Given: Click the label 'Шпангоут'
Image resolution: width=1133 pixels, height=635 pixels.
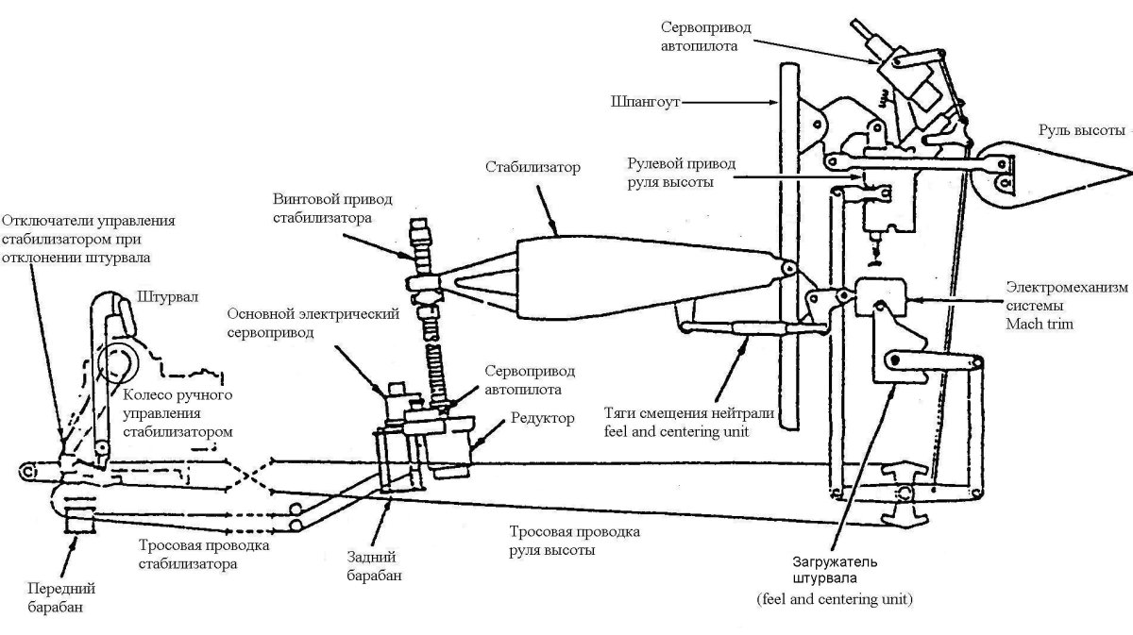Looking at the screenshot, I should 646,101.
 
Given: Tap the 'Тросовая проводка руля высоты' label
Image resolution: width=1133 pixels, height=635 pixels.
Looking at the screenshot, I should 574,541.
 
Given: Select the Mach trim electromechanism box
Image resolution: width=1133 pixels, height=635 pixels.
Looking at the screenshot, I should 878,298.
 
